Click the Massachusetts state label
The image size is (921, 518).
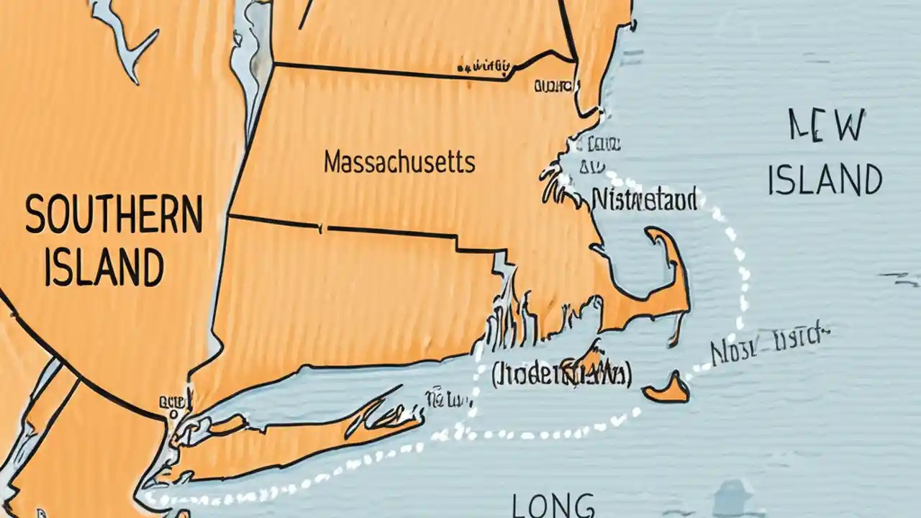399,162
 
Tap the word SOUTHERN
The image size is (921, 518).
114,215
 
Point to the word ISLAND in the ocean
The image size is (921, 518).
825,179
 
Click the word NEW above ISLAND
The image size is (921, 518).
827,127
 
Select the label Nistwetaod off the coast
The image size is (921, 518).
643,199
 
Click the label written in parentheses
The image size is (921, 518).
561,375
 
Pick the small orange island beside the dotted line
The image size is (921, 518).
667,388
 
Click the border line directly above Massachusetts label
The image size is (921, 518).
389,71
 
